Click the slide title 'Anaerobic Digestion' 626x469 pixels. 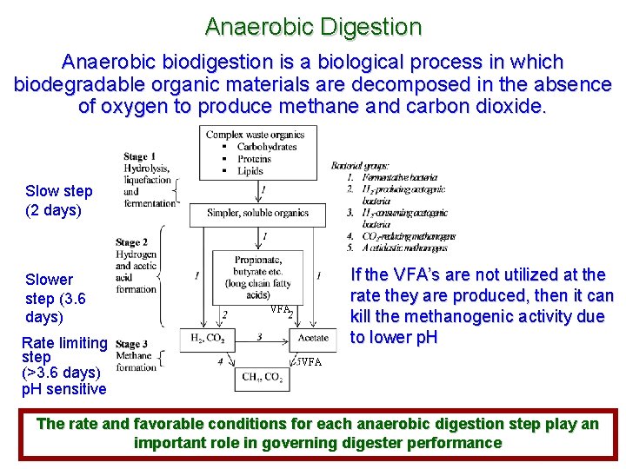313,27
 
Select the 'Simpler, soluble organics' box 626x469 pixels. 258,213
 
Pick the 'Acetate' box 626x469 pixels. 312,337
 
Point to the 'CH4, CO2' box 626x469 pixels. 261,378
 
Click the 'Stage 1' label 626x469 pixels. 136,156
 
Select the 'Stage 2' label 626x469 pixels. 131,242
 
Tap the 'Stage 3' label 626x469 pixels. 131,345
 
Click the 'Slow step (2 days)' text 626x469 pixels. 58,201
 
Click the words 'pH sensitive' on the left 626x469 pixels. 63,389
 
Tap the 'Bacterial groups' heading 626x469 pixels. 360,166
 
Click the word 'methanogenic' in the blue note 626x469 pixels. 434,316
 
